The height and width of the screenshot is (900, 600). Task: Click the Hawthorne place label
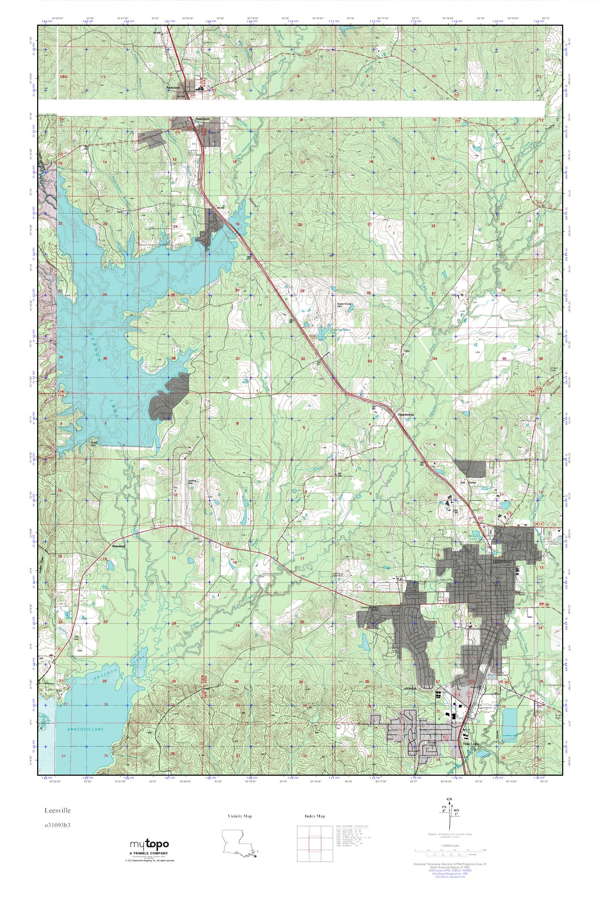406,415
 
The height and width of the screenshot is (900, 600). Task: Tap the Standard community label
118,547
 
